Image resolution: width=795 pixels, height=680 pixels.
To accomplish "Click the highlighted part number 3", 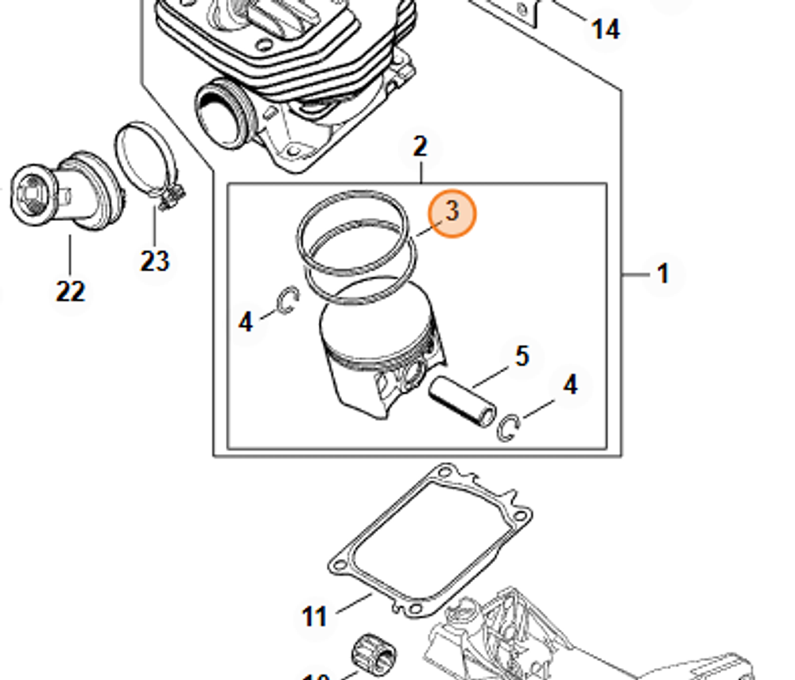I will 452,212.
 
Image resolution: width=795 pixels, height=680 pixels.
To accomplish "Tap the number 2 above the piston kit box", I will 421,146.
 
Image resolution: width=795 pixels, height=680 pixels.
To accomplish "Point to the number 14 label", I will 605,29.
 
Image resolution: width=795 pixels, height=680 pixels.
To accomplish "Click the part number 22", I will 70,291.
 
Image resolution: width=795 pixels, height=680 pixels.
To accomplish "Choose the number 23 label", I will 155,260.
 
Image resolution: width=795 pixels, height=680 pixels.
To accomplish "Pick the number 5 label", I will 522,356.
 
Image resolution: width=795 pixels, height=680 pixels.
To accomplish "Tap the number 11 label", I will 315,616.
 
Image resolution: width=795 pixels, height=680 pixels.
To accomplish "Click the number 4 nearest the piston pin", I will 570,385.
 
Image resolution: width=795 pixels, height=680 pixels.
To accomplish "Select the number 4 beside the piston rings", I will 246,322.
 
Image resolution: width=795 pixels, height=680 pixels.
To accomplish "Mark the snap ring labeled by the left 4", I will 288,301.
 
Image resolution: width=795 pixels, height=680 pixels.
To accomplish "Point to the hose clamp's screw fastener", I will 171,197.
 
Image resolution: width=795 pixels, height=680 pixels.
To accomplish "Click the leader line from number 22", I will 69,255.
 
